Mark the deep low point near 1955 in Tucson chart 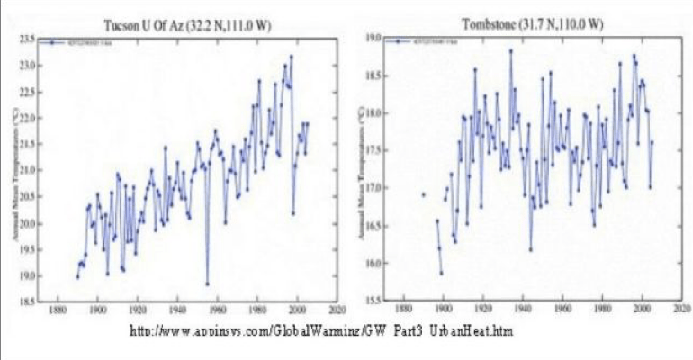point(207,284)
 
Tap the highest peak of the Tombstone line point(510,50)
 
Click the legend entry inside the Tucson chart point(86,42)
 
